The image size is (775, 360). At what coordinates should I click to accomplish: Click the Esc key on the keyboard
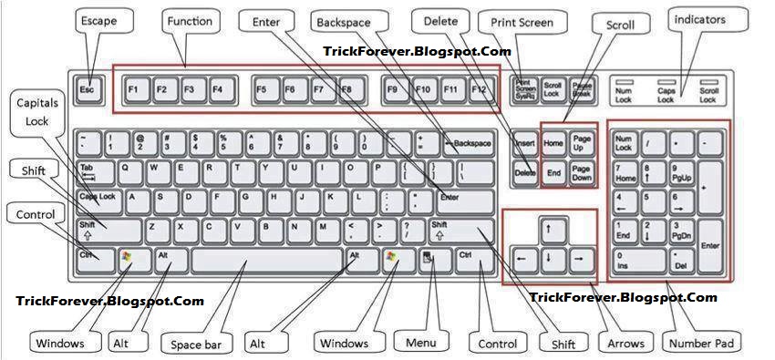pos(87,89)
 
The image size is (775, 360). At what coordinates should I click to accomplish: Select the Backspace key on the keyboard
pos(470,143)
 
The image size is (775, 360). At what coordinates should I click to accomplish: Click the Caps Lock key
pos(98,195)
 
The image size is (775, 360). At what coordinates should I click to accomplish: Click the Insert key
pos(525,143)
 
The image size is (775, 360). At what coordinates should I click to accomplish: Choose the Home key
pos(553,143)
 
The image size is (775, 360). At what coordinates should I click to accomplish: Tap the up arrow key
pos(550,230)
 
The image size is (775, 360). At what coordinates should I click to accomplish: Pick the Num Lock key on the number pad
pos(625,143)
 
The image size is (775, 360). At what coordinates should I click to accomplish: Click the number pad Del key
pos(680,262)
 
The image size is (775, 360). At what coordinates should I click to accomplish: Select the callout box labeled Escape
pos(98,20)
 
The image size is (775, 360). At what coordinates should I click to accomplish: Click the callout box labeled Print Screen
pos(522,22)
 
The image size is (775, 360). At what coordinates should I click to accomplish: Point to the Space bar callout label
pos(196,345)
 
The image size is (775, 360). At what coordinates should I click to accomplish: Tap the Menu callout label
pos(421,343)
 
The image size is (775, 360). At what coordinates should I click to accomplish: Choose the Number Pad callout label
pos(702,343)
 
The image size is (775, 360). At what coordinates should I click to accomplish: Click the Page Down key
pos(582,172)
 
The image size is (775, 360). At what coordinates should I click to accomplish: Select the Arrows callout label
pos(625,344)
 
